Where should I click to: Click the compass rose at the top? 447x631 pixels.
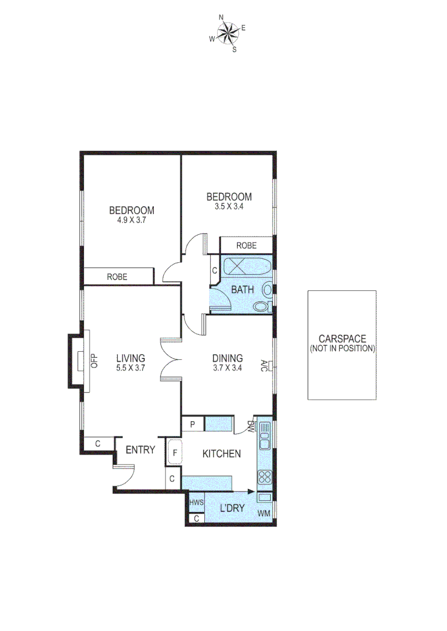(228, 33)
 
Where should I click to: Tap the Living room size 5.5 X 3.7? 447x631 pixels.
(130, 368)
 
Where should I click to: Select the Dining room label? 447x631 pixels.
(228, 358)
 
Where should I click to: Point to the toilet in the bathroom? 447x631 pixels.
(260, 306)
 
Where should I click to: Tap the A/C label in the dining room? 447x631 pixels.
(265, 366)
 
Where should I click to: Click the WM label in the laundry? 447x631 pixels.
(265, 514)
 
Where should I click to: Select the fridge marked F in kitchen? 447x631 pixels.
(174, 452)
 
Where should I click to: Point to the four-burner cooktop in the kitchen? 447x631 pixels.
(264, 476)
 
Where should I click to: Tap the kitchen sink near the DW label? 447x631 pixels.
(264, 436)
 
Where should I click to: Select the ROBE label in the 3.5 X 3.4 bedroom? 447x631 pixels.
(246, 245)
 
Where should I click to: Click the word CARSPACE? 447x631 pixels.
(342, 338)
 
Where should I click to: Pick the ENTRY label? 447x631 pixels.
(140, 450)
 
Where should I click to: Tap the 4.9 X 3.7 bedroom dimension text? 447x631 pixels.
(132, 221)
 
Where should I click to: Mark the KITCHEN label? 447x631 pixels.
(222, 453)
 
